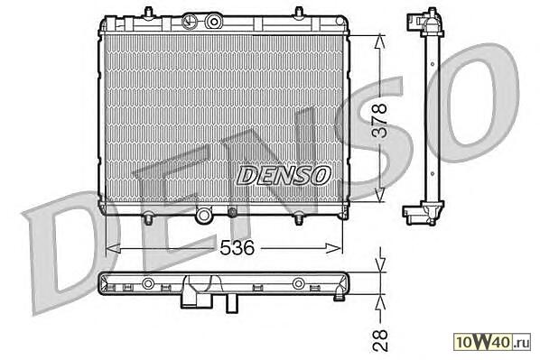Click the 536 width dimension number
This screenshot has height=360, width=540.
pyautogui.click(x=237, y=248)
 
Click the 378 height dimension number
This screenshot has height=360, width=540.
pyautogui.click(x=381, y=121)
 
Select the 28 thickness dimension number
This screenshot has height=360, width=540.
pyautogui.click(x=380, y=341)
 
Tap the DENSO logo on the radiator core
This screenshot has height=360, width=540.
pyautogui.click(x=284, y=175)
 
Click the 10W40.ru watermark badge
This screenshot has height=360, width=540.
pyautogui.click(x=492, y=343)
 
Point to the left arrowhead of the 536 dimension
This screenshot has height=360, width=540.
pyautogui.click(x=113, y=248)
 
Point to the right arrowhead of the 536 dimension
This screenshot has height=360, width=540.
pyautogui.click(x=334, y=248)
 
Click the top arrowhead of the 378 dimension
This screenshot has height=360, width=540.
pyautogui.click(x=379, y=41)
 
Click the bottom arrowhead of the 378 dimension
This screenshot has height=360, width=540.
pyautogui.click(x=379, y=195)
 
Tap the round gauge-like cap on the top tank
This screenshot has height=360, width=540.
pyautogui.click(x=189, y=21)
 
